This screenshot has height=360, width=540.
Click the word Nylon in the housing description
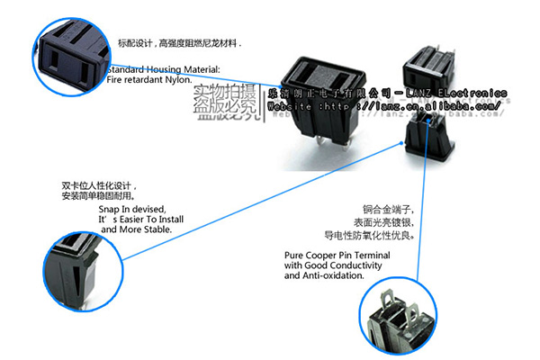click(x=176, y=80)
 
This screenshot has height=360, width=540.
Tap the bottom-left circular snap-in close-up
click(x=81, y=267)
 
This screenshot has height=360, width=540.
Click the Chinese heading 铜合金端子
click(x=373, y=208)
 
